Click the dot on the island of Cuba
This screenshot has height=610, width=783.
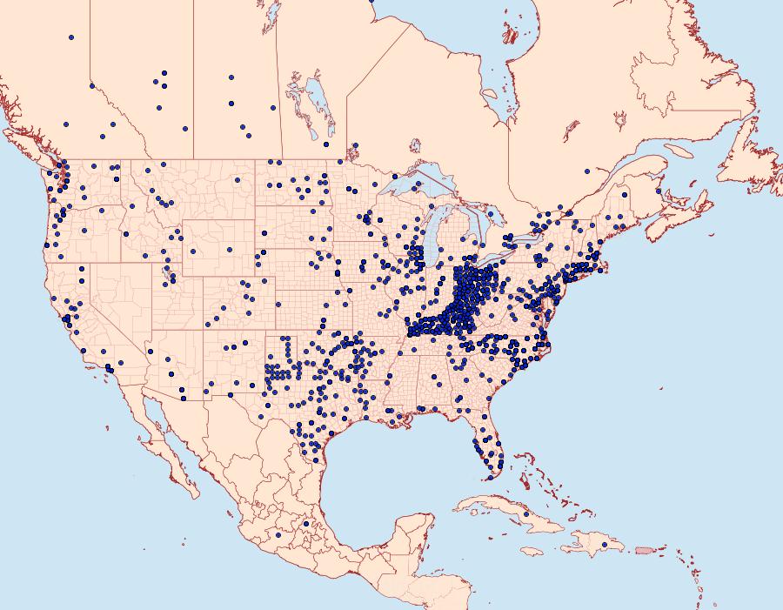(x=525, y=514)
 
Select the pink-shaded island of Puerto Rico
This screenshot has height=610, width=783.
(x=644, y=550)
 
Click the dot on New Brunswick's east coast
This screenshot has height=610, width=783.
(x=659, y=191)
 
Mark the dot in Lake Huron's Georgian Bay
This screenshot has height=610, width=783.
(x=491, y=213)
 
